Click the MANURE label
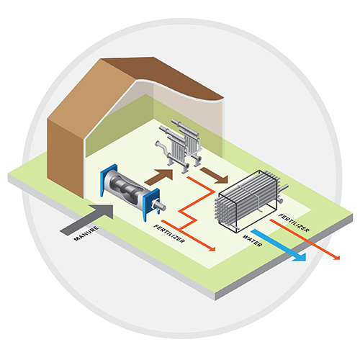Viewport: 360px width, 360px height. (x=86, y=233)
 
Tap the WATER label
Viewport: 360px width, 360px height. (x=252, y=240)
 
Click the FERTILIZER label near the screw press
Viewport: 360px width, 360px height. (x=169, y=234)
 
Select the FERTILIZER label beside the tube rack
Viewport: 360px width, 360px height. (x=294, y=223)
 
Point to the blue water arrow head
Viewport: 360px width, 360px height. (x=300, y=257)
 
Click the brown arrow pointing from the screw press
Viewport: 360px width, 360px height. (x=160, y=177)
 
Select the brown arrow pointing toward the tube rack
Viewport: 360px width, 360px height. (x=214, y=176)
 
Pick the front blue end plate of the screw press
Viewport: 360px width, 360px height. (x=151, y=204)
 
